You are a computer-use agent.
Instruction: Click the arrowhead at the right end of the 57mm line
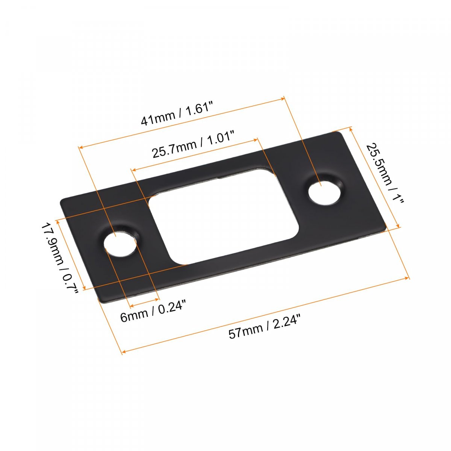[x=407, y=278]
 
